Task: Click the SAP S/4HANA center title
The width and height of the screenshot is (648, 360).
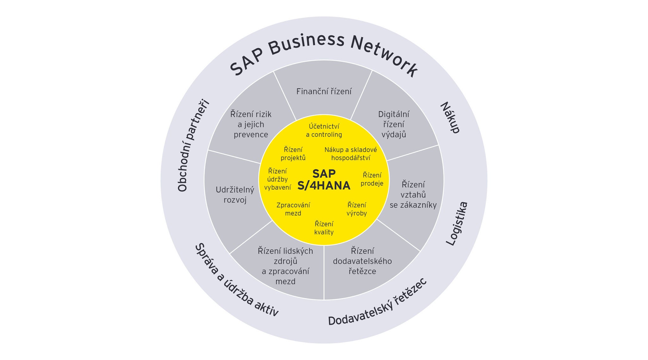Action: pos(324,180)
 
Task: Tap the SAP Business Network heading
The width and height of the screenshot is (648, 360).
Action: pos(324,54)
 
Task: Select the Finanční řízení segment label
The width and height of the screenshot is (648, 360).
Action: pos(324,92)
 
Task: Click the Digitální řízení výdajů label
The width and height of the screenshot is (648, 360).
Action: pos(394,124)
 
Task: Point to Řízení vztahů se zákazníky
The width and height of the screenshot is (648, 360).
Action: pos(413,195)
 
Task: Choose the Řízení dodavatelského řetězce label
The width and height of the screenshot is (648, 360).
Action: pos(362,261)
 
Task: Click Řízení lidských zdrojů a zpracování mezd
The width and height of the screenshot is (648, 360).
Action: pos(285,266)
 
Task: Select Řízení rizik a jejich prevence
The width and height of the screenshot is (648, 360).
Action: pos(251,124)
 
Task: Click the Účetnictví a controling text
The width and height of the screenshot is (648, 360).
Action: pos(324,130)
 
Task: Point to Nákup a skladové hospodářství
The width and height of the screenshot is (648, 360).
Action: pos(351,154)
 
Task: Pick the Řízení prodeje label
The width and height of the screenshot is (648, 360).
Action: pos(372,179)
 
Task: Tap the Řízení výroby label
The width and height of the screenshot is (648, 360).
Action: pos(357,209)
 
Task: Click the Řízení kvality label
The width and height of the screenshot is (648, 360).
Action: pos(324,228)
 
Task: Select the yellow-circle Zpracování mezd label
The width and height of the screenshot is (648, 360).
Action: pos(293,209)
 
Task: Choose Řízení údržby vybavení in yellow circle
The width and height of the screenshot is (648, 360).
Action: pos(277,179)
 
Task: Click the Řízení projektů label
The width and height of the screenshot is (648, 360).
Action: pos(293,154)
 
